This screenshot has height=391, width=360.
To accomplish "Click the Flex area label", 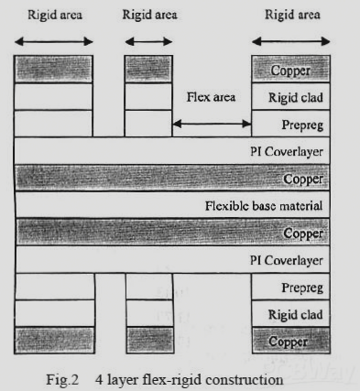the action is (x=212, y=96).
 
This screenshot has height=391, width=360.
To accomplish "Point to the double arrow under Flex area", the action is (x=212, y=124).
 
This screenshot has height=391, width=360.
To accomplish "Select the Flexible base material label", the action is (x=264, y=205).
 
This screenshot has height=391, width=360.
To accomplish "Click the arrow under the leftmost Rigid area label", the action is (x=54, y=41).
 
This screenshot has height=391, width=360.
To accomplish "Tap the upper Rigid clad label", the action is (x=294, y=97).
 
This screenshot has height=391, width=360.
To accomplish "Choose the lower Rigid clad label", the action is (x=294, y=314).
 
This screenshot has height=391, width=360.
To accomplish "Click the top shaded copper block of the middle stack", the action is (x=148, y=70).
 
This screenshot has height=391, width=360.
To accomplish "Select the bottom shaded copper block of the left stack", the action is (x=54, y=340).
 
